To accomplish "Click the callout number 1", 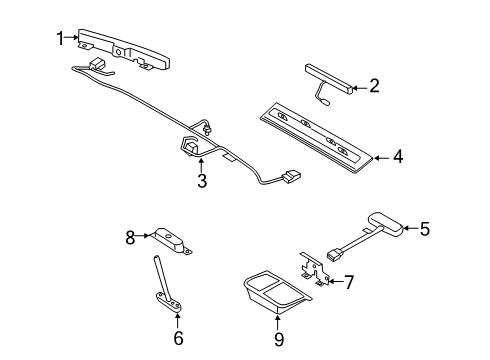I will coord(60,38).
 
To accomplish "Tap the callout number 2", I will coord(374,86).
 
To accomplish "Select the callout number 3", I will coord(201,181).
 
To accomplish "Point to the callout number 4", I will coord(398,157).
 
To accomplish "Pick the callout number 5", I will coord(424,229).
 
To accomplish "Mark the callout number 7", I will coord(348,283).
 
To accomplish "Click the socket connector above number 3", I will coord(190,148).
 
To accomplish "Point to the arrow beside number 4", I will coord(381,157).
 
